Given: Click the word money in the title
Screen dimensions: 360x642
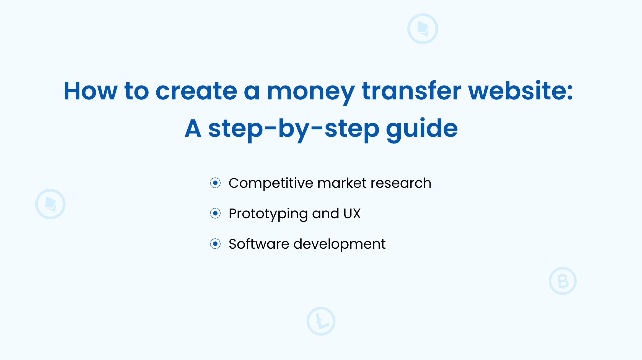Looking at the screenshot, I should (x=310, y=91).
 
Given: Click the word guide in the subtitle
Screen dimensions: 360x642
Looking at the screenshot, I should (x=422, y=129).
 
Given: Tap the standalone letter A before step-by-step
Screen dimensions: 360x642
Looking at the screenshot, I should (x=193, y=128).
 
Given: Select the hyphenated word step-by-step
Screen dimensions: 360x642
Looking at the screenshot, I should (x=294, y=129).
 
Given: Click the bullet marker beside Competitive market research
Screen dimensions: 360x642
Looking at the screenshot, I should (x=215, y=183).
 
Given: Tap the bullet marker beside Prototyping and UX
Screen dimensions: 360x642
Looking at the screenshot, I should (x=215, y=213).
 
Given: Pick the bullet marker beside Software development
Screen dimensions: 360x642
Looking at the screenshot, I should (x=215, y=244).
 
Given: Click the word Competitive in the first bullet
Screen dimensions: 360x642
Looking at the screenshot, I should (x=271, y=183).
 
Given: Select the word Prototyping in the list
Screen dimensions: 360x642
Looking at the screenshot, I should (x=268, y=214).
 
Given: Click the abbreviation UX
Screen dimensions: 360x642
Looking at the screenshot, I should (x=352, y=214).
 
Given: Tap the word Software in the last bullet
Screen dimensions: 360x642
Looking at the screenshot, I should (x=259, y=244).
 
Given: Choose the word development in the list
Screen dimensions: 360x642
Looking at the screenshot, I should (x=339, y=245).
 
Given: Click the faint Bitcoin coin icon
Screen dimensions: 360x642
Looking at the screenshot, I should (x=563, y=281).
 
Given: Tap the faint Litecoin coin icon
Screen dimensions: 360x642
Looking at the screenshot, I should (x=321, y=321).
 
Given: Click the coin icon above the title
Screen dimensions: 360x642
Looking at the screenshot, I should (x=423, y=29).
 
